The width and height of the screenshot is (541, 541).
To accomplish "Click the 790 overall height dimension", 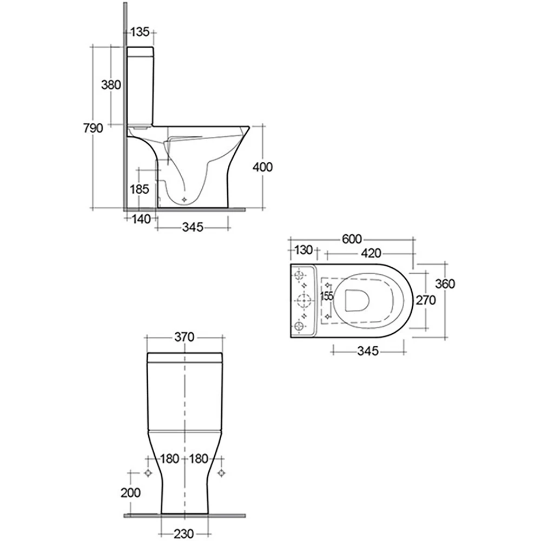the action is pyautogui.click(x=93, y=128).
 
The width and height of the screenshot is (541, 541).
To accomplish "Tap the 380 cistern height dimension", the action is pyautogui.click(x=111, y=84).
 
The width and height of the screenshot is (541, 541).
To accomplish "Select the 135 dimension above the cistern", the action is pyautogui.click(x=140, y=32).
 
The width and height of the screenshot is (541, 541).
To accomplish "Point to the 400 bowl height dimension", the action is pyautogui.click(x=262, y=167).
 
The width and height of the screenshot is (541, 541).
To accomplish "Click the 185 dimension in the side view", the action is pyautogui.click(x=140, y=189).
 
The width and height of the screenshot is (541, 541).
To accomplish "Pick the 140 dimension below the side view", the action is pyautogui.click(x=141, y=219).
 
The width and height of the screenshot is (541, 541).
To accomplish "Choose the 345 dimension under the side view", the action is pyautogui.click(x=193, y=227).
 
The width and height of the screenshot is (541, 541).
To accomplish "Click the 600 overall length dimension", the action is pyautogui.click(x=352, y=239).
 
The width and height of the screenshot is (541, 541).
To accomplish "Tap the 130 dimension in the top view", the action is pyautogui.click(x=304, y=249).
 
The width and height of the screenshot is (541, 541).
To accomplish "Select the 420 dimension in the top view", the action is pyautogui.click(x=371, y=253).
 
